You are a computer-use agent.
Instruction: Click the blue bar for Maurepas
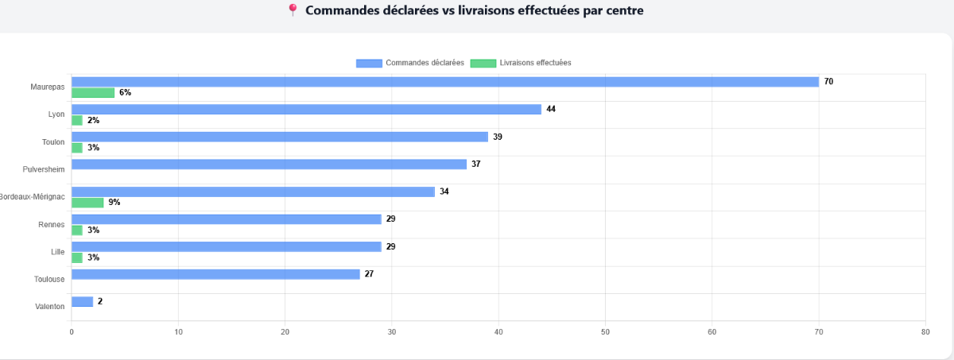(x=445, y=82)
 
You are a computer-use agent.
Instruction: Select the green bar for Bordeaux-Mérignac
(x=87, y=203)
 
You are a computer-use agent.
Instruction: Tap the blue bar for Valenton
(x=82, y=301)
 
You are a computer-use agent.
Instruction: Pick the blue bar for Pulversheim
(x=269, y=165)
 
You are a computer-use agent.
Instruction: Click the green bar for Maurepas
(x=93, y=93)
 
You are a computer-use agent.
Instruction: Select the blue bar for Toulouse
(x=215, y=274)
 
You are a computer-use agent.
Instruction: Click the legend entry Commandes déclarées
(x=410, y=63)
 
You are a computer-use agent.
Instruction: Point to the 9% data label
(x=114, y=203)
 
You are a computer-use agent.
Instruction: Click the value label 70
(x=828, y=82)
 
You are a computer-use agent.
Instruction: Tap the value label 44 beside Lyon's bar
(x=551, y=109)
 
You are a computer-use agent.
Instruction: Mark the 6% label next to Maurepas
(x=125, y=93)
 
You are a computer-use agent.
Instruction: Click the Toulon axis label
(x=53, y=142)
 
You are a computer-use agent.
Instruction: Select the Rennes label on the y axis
(x=52, y=225)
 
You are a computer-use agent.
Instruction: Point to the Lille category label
(x=57, y=252)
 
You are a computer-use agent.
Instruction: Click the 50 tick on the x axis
(x=605, y=332)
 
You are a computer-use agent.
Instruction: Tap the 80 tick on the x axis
(x=925, y=332)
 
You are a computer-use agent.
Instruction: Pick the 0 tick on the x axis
(x=72, y=332)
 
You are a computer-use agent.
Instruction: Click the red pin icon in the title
(x=293, y=10)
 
